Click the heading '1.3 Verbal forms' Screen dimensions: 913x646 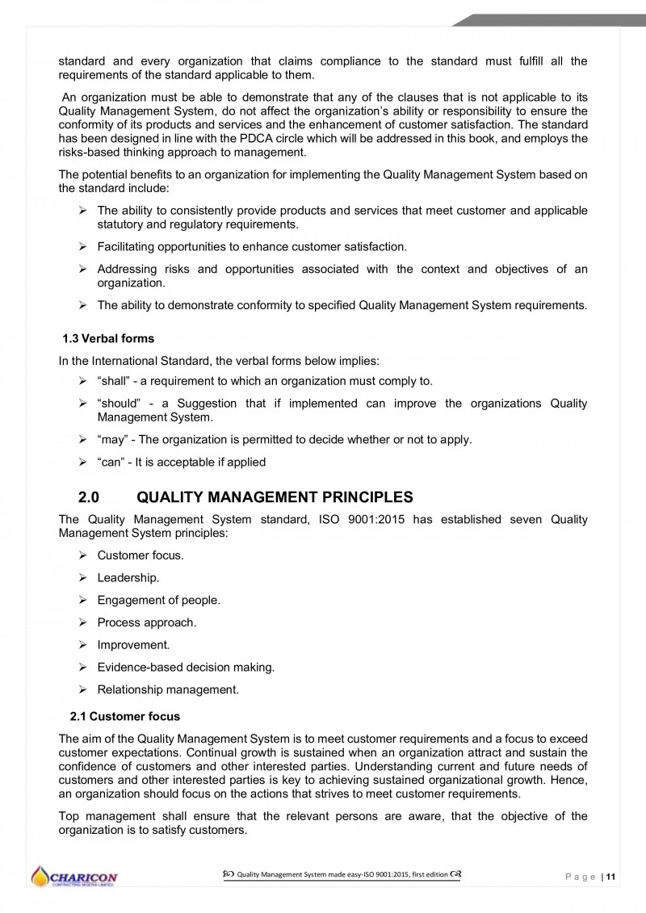tap(107, 338)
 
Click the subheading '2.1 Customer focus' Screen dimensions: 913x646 tap(125, 716)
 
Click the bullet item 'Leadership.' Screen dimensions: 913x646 tap(128, 578)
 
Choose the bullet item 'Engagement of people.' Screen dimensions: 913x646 tap(158, 600)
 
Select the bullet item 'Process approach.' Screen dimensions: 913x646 tap(146, 622)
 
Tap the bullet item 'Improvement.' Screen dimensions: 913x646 tap(133, 644)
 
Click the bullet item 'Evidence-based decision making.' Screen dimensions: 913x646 tap(186, 667)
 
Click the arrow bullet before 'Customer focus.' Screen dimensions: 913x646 tap(82, 555)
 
